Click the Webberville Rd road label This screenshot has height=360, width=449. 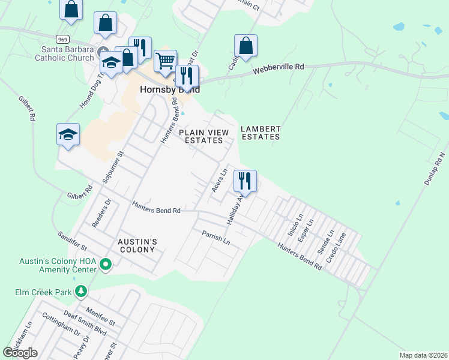click(x=278, y=68)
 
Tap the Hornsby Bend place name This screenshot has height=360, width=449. click(x=169, y=89)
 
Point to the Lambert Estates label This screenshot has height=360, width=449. click(x=261, y=133)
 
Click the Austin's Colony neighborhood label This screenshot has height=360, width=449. click(x=137, y=245)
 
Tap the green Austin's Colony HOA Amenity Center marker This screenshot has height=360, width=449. click(x=106, y=264)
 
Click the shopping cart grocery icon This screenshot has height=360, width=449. click(x=165, y=61)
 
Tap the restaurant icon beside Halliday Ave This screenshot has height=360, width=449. click(x=246, y=180)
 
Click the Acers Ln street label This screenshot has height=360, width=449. click(x=219, y=180)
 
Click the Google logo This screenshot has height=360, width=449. click(x=20, y=353)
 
